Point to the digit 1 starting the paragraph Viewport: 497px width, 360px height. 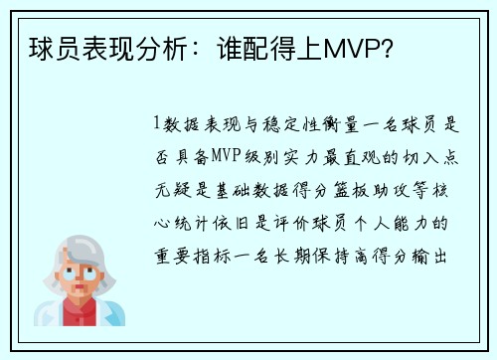coord(157,124)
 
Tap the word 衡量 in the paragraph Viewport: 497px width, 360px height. coord(349,124)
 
